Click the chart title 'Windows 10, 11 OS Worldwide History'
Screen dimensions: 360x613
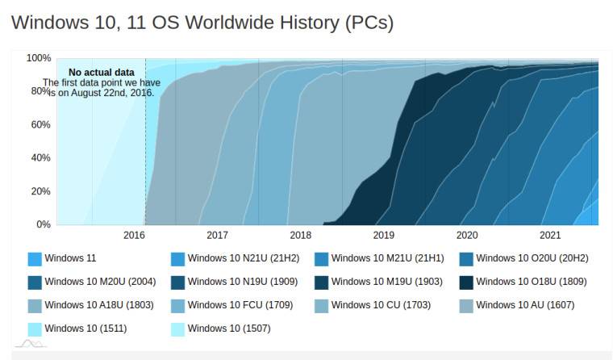pyautogui.click(x=202, y=22)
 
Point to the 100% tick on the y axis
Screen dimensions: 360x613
pyautogui.click(x=38, y=58)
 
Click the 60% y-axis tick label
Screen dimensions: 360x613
pyautogui.click(x=40, y=124)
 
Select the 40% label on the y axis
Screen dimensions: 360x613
pyautogui.click(x=40, y=157)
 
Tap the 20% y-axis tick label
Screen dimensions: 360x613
pyautogui.click(x=40, y=191)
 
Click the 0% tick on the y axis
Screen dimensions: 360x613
pyautogui.click(x=43, y=224)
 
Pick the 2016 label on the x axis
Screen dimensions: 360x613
pyautogui.click(x=134, y=236)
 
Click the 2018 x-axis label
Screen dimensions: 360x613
pyautogui.click(x=300, y=236)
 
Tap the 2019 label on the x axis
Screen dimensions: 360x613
pyautogui.click(x=384, y=236)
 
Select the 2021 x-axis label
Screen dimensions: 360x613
pyautogui.click(x=550, y=236)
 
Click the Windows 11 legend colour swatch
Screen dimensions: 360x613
pyautogui.click(x=35, y=259)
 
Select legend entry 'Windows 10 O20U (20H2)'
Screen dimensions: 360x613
pyautogui.click(x=532, y=258)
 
